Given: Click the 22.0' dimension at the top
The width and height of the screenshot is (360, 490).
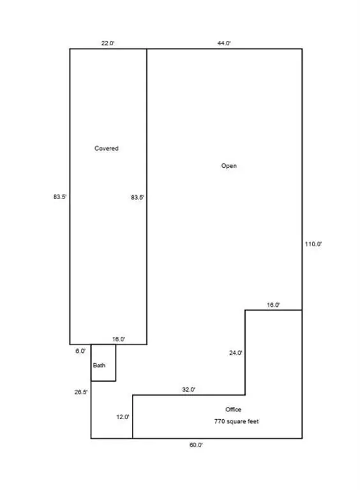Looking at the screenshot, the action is point(108,43).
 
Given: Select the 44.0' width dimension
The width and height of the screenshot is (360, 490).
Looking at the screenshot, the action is point(224,43).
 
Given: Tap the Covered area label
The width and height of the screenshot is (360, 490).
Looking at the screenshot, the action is point(107,149).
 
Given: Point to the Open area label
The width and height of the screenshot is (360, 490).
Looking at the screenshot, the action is point(229,166).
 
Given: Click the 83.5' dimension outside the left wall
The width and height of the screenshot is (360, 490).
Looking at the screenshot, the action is point(60,197).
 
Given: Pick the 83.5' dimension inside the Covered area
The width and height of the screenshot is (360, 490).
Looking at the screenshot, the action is point(137,198).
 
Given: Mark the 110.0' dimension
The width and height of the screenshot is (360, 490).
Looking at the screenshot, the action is point(313,244).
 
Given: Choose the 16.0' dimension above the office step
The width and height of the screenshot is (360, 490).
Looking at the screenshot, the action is point(273,305).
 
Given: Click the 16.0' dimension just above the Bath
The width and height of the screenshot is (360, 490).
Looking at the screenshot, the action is point(119,339).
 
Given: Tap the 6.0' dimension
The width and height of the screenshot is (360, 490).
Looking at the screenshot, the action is point(80,352).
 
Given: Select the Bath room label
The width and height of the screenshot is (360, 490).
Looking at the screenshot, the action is point(99,366).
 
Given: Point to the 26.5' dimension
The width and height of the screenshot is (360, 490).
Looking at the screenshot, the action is point(81,392).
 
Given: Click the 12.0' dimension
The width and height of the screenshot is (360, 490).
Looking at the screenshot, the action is point(123,417).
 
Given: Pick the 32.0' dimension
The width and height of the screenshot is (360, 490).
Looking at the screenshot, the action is point(189,390).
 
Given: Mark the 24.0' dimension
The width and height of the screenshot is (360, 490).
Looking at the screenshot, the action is point(236,353).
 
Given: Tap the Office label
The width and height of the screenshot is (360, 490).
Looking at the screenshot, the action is point(234,410).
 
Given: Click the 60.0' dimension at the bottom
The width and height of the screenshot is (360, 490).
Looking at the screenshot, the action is point(196,445).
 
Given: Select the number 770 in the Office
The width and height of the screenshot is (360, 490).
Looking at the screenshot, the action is point(220,421).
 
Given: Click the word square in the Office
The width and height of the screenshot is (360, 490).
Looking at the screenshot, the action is point(237,422).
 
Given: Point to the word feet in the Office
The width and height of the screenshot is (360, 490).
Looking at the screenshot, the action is point(253,421).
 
